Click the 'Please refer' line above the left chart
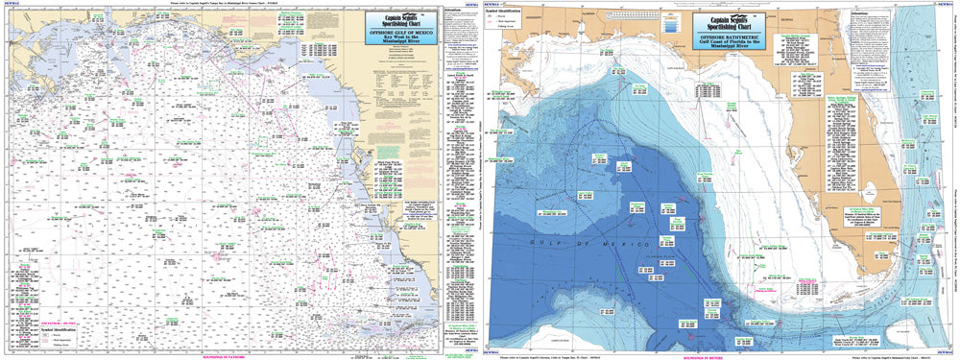tap(230, 4)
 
